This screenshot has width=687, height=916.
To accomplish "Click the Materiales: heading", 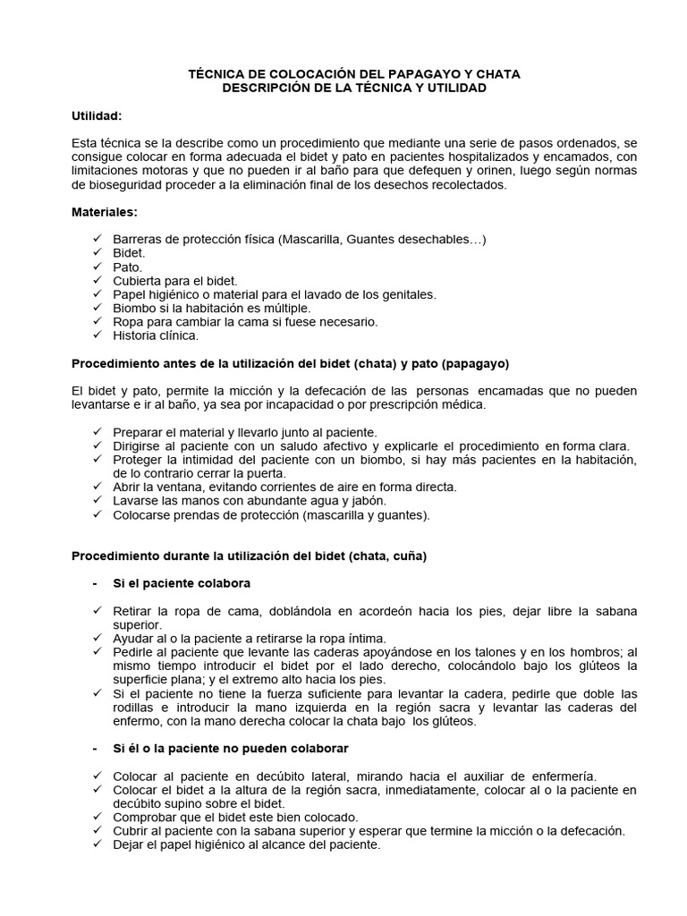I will tap(105, 212).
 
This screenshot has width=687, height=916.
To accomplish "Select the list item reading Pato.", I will tap(127, 267).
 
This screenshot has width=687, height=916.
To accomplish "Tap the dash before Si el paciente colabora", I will tap(95, 583).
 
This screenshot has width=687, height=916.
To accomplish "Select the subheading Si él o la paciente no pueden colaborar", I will tap(230, 748).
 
